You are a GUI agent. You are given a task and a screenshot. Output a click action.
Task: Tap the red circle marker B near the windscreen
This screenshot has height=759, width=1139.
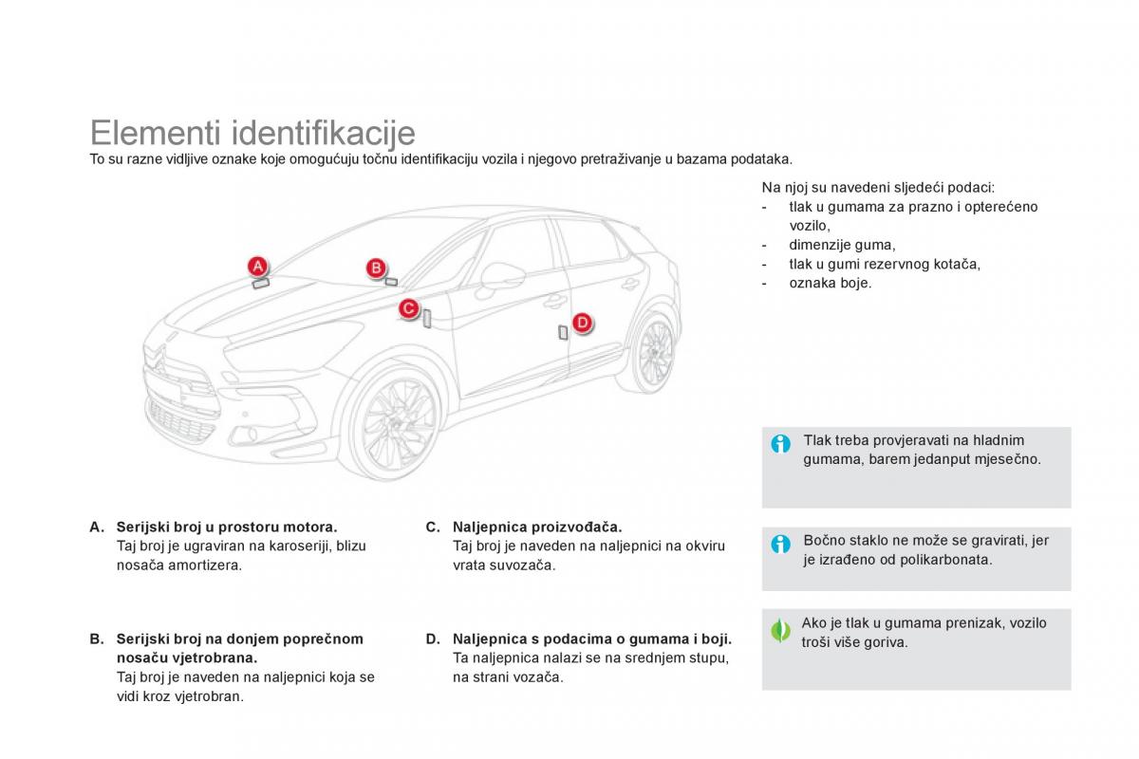point(376,268)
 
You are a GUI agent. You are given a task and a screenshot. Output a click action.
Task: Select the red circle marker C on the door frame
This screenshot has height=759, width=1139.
point(408,308)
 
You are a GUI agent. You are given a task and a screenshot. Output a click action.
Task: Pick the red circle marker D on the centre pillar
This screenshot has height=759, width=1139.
point(582,323)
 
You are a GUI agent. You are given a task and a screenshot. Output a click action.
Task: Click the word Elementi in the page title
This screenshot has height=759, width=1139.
point(155,133)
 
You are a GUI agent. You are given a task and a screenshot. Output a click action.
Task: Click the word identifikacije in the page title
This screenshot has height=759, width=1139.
point(324,133)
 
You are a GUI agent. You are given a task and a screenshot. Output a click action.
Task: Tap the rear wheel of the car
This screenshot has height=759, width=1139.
point(654,350)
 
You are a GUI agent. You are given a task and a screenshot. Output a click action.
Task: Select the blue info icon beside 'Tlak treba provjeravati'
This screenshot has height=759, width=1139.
point(781,444)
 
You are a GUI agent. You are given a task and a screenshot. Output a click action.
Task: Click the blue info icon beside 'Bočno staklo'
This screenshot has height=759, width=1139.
point(781,544)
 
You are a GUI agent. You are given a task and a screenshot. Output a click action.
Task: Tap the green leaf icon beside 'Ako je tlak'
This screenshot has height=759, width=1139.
point(781,630)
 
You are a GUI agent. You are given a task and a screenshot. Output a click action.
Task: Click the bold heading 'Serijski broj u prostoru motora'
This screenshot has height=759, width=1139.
point(227,527)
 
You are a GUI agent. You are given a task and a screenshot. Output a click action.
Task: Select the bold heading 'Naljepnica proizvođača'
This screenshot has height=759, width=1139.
point(537,527)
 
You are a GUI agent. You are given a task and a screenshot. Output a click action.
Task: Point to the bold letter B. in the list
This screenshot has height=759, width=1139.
point(97,639)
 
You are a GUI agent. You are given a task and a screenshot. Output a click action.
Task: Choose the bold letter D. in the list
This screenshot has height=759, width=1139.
point(433,639)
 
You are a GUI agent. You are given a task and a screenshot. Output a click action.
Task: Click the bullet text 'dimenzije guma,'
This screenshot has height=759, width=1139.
point(842,245)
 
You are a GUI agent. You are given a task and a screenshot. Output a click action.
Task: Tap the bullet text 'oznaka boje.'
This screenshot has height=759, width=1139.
point(830,283)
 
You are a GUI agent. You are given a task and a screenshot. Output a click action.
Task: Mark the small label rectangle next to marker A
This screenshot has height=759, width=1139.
point(260,282)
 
